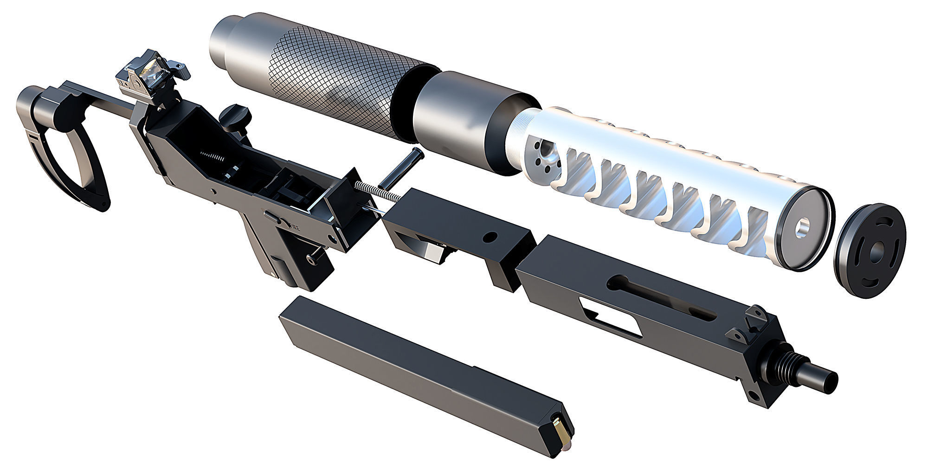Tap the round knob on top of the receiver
235,115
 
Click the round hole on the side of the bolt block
489,238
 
